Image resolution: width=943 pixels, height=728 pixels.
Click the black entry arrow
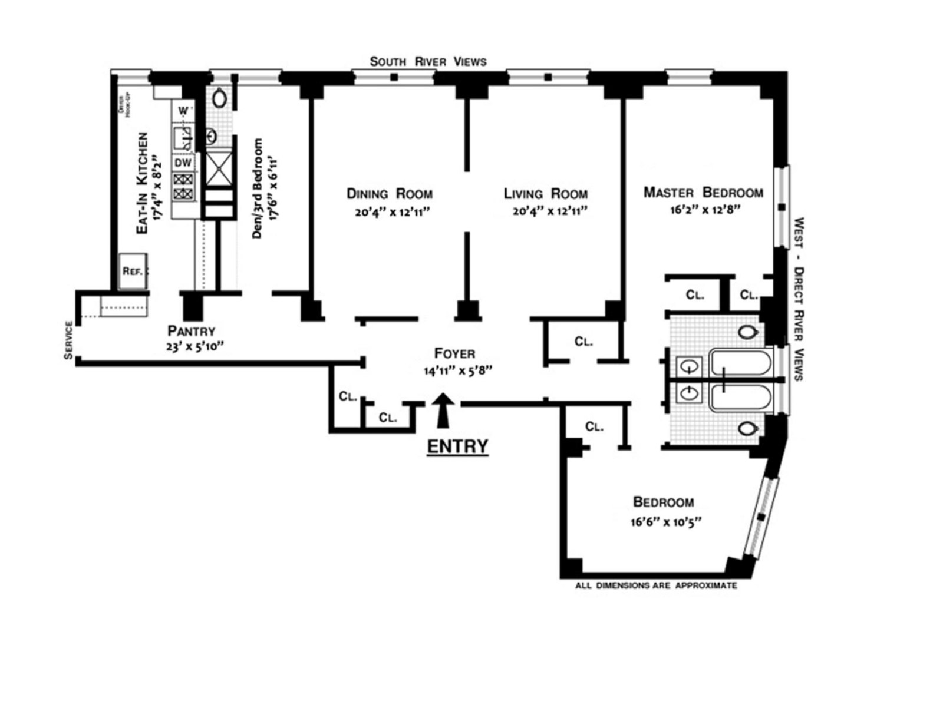[x=444, y=409]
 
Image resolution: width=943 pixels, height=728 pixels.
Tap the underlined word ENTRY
[x=457, y=446]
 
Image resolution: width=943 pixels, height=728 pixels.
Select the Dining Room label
[x=390, y=194]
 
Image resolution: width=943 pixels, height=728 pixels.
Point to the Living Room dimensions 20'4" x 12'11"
[x=549, y=211]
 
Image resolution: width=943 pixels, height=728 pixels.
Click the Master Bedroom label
[x=703, y=193]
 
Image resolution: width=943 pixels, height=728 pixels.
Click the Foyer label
[x=454, y=353]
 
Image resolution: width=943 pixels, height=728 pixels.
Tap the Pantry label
[x=192, y=331]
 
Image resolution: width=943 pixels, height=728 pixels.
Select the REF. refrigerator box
[x=133, y=272]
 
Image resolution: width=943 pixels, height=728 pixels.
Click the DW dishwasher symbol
[x=183, y=163]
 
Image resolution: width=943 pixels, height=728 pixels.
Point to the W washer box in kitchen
[x=183, y=111]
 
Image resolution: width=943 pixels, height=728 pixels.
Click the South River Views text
[x=428, y=61]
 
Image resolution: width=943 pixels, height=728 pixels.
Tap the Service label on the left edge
[x=70, y=340]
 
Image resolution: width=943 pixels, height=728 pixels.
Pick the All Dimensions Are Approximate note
[x=656, y=586]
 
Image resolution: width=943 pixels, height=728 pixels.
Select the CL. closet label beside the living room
[x=583, y=342]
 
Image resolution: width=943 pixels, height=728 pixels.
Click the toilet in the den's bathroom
[x=219, y=98]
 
